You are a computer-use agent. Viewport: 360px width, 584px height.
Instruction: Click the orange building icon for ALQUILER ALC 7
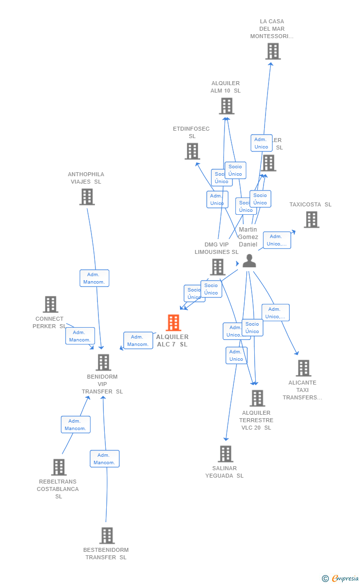point(173,323)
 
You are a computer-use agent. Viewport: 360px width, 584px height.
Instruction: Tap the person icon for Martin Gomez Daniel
point(249,261)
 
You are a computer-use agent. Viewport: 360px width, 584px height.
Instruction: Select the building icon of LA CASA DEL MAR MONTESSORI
point(272,51)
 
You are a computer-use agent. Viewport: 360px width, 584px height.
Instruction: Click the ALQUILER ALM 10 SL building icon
point(226,106)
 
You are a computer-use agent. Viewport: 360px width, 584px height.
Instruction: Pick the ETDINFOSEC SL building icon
point(192,151)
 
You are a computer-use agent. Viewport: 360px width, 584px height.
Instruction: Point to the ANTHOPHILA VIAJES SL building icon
point(87,197)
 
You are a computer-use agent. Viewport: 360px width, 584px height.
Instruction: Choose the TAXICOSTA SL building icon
point(311,220)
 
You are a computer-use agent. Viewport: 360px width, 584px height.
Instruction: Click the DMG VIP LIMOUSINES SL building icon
point(218,267)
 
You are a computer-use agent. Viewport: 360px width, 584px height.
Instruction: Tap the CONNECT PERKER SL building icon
point(50,304)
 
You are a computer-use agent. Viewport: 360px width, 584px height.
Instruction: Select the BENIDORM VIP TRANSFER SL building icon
point(103,362)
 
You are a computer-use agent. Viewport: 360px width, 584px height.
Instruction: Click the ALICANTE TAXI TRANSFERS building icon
point(303,368)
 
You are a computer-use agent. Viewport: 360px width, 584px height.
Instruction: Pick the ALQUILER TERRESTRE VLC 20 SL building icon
point(257,398)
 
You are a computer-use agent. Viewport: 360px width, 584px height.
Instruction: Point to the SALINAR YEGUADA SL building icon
point(225,454)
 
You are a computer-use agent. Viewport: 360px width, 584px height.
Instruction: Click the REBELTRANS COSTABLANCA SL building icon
point(58,467)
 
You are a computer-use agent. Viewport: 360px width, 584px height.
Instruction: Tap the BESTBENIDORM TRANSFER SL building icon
point(107,535)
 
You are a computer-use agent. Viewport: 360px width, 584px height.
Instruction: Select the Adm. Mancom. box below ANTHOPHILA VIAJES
point(94,278)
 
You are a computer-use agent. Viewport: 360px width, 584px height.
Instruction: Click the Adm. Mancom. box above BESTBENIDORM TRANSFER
point(104,459)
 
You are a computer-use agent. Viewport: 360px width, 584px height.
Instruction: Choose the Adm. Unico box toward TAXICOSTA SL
point(277,240)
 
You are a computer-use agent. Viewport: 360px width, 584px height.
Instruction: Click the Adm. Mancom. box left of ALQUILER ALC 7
point(138,341)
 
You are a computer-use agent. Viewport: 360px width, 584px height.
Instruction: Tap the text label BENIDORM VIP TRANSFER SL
point(102,384)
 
